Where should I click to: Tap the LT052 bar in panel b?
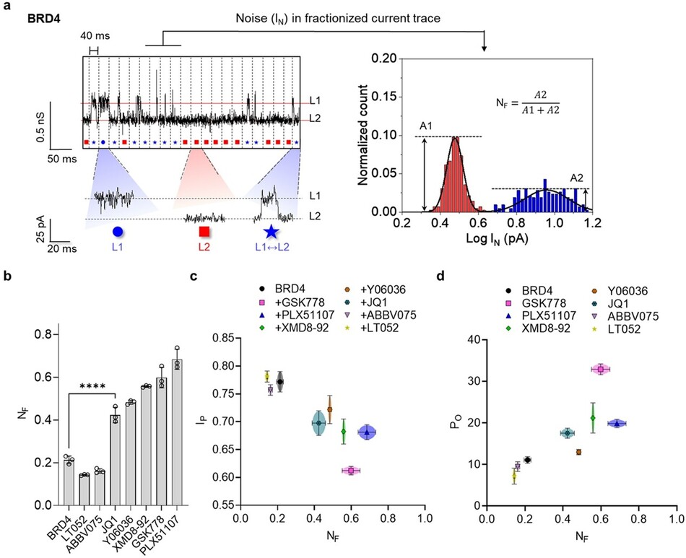(84, 489)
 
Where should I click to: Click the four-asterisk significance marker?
(92, 386)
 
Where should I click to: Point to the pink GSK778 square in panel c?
(351, 471)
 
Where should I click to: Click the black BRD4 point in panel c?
(280, 382)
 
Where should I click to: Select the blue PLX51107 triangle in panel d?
(617, 423)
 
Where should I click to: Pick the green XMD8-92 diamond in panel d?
(593, 418)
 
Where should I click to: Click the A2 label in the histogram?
(576, 178)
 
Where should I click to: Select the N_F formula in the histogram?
(528, 103)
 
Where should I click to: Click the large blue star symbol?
(272, 232)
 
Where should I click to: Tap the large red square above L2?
(204, 232)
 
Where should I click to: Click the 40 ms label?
(95, 36)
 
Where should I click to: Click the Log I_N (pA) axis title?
(497, 239)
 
